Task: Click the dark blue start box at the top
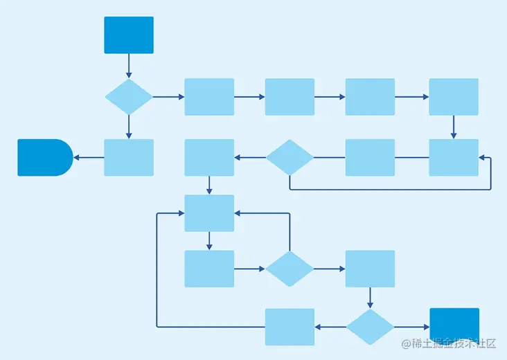point(128,35)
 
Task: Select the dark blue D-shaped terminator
point(44,157)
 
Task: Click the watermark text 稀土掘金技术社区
point(449,343)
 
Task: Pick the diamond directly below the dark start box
point(128,96)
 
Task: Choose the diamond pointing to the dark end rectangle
point(370,327)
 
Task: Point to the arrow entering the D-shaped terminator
point(88,157)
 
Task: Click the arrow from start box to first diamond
point(128,66)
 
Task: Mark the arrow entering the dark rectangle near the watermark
point(412,327)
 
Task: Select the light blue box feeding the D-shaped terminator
point(128,157)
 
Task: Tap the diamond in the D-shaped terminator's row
point(290,157)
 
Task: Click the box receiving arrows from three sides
point(209,213)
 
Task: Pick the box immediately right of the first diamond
point(209,96)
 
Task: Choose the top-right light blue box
point(454,96)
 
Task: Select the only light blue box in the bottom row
point(290,327)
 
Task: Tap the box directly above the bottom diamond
point(370,269)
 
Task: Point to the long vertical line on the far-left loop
point(157,270)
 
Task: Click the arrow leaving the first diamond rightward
point(168,96)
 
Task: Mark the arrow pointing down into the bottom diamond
point(370,298)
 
